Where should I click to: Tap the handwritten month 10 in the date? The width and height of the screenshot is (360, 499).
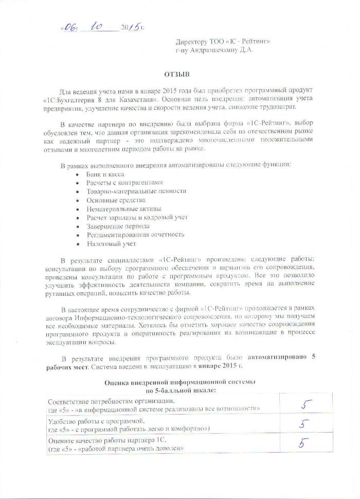pos(97,27)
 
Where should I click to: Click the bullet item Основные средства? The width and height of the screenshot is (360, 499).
pos(116,200)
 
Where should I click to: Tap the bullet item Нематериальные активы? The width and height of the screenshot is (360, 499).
pos(123,208)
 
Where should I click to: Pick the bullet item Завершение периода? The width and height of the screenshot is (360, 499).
pos(118,226)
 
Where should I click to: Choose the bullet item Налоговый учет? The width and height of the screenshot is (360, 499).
pos(111,243)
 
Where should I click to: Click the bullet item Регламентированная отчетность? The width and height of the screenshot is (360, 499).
pos(135,235)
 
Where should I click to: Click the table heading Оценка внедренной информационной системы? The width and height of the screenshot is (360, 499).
pos(179,383)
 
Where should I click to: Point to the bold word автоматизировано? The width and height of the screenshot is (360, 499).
pos(278,357)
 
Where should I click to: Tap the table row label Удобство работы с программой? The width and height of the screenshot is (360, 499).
pos(93,421)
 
